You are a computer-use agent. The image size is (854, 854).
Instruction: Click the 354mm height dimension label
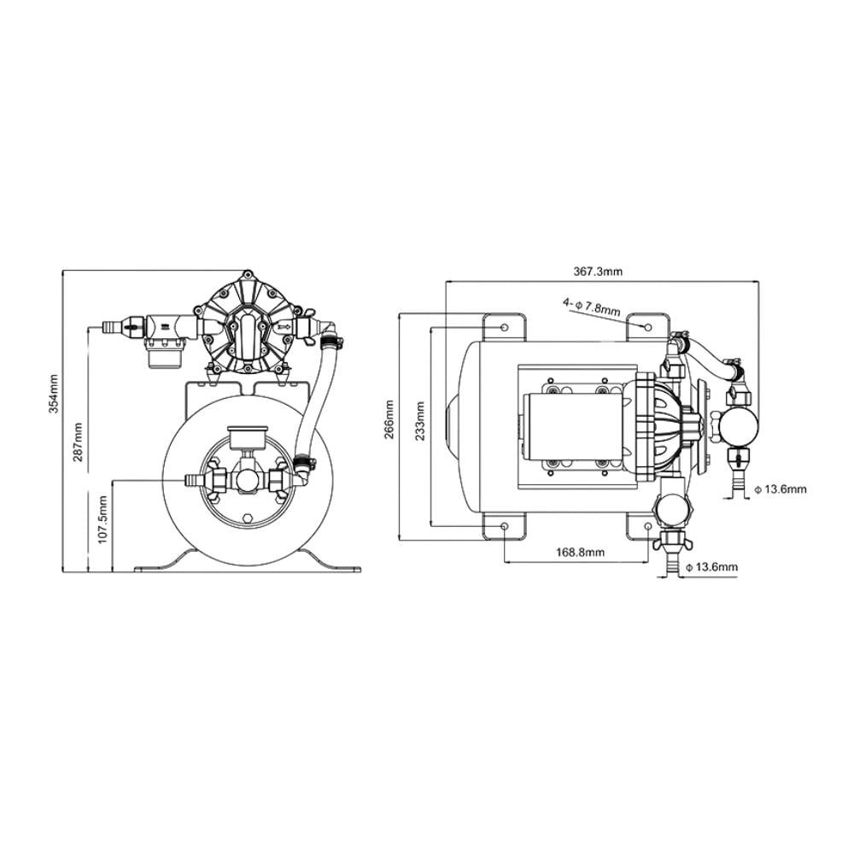pyautogui.click(x=54, y=394)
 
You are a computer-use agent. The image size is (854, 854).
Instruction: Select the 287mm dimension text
pyautogui.click(x=78, y=442)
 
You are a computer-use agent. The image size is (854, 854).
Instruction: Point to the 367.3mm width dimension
pyautogui.click(x=598, y=272)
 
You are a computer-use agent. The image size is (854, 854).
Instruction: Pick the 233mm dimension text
pyautogui.click(x=420, y=422)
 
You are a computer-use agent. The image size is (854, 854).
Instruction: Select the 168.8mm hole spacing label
pyautogui.click(x=580, y=553)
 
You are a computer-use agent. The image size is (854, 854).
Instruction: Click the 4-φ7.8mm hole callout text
pyautogui.click(x=592, y=307)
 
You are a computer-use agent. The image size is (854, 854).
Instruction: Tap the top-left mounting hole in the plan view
pyautogui.click(x=505, y=327)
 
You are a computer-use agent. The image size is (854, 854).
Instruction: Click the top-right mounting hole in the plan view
pyautogui.click(x=647, y=327)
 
